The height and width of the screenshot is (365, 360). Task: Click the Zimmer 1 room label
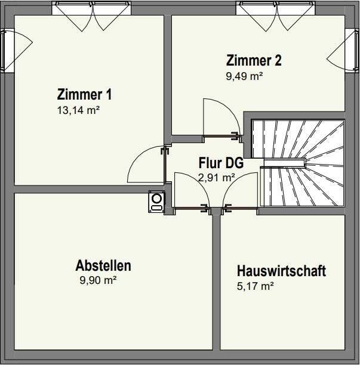[84, 94]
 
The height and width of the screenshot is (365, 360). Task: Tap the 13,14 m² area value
[79, 110]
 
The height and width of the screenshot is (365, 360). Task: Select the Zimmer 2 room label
[254, 60]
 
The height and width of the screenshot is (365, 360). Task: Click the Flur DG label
[221, 163]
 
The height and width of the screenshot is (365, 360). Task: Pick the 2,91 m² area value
[217, 178]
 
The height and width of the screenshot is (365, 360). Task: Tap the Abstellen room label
[103, 265]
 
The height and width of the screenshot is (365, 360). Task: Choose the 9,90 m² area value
[98, 280]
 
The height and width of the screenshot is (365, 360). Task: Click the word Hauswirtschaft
[281, 271]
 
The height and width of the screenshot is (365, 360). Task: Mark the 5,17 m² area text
[255, 286]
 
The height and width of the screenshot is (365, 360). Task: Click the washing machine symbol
[156, 202]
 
